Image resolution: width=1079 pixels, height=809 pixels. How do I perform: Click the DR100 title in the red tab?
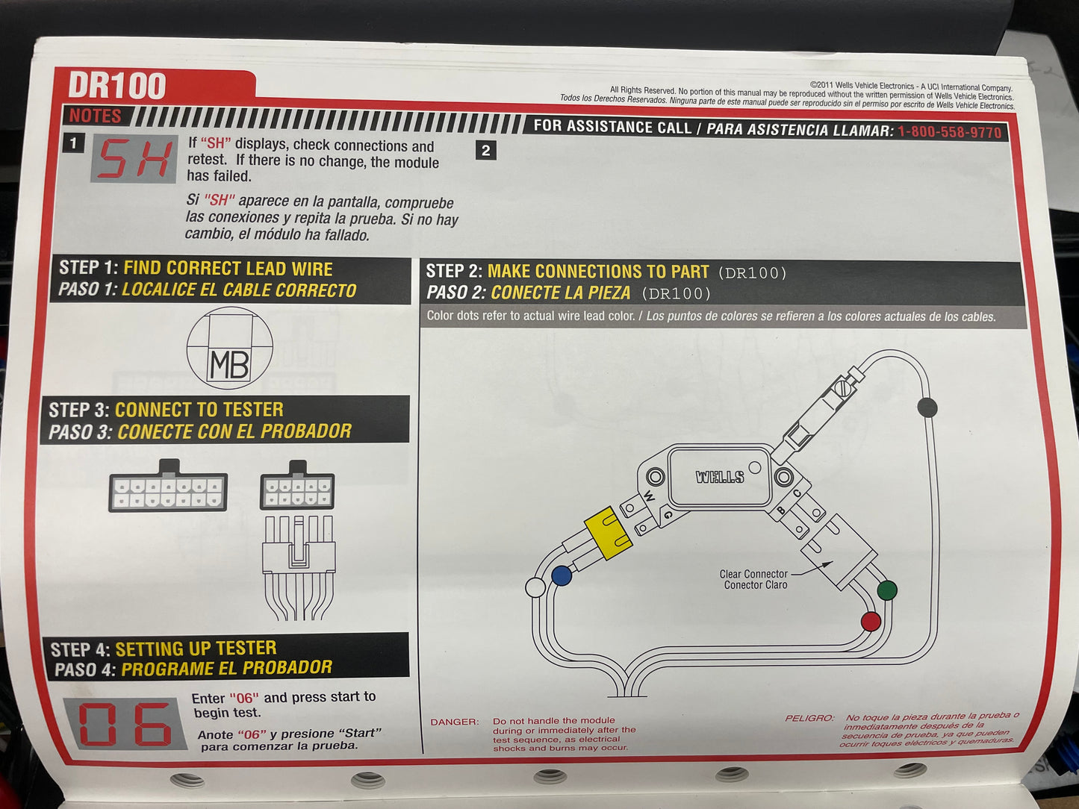[x=117, y=87]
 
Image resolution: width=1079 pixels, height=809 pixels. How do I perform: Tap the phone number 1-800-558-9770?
[x=949, y=132]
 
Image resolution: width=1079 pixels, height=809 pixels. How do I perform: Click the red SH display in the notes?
[x=134, y=159]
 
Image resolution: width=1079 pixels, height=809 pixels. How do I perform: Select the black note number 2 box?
[x=485, y=150]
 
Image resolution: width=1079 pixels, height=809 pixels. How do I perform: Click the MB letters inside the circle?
[x=229, y=365]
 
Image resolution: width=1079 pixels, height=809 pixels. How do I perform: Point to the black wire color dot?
[x=927, y=407]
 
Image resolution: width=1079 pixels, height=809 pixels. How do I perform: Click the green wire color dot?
[x=887, y=590]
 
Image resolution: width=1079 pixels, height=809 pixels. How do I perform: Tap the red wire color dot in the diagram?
[x=871, y=622]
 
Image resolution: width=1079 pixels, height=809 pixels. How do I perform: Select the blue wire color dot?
[x=562, y=575]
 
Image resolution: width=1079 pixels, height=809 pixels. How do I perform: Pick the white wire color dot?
[x=535, y=587]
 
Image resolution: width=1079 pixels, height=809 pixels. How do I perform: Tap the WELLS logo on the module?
[x=720, y=477]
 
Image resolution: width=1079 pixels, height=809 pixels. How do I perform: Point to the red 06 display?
[x=125, y=725]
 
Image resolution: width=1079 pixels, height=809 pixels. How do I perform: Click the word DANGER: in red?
[x=454, y=722]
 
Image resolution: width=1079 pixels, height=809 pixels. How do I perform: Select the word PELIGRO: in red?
[x=809, y=718]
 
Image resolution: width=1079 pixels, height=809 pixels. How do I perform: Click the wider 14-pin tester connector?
[x=167, y=491]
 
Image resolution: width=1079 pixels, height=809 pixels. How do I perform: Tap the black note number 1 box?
[x=73, y=143]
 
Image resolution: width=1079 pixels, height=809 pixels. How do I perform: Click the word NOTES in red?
[x=95, y=116]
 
